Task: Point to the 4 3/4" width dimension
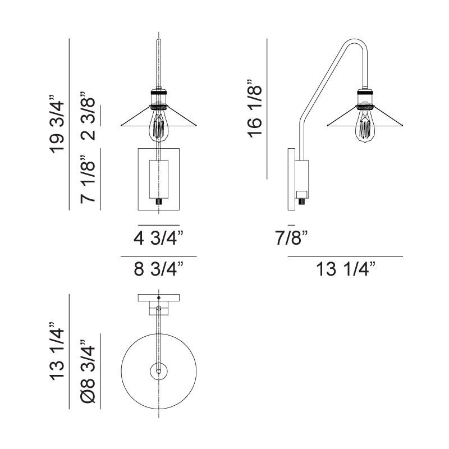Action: (x=158, y=239)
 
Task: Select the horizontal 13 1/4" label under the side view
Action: (x=346, y=271)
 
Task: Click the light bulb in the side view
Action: (x=365, y=126)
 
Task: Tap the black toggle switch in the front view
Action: (x=159, y=200)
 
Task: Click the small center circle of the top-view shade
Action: (x=159, y=371)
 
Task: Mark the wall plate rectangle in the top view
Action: (x=159, y=297)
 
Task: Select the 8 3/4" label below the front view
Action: (x=158, y=271)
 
